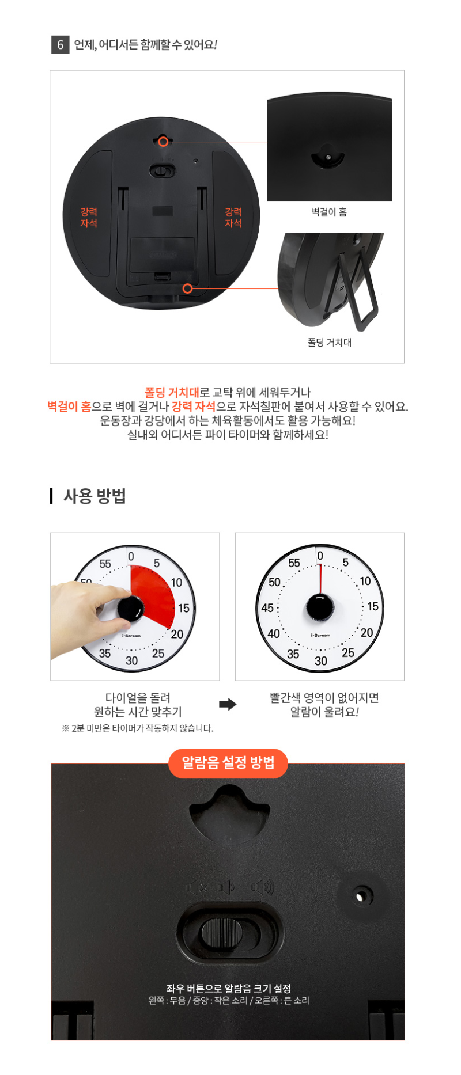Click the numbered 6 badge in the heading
tap(60, 44)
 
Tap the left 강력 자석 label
tap(89, 218)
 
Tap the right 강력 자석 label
tap(233, 218)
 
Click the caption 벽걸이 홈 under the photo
tap(329, 212)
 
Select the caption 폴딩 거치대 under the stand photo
tap(330, 343)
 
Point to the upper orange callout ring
tap(164, 141)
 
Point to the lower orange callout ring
tap(187, 288)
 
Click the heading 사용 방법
tap(95, 496)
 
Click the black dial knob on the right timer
tap(320, 607)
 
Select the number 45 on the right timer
tap(267, 608)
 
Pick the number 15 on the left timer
tap(183, 608)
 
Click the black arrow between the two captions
tap(228, 704)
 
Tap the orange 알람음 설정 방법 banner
tap(228, 763)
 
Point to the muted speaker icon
tap(197, 887)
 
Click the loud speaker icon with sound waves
tap(263, 887)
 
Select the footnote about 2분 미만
tap(138, 728)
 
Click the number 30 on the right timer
tap(321, 661)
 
